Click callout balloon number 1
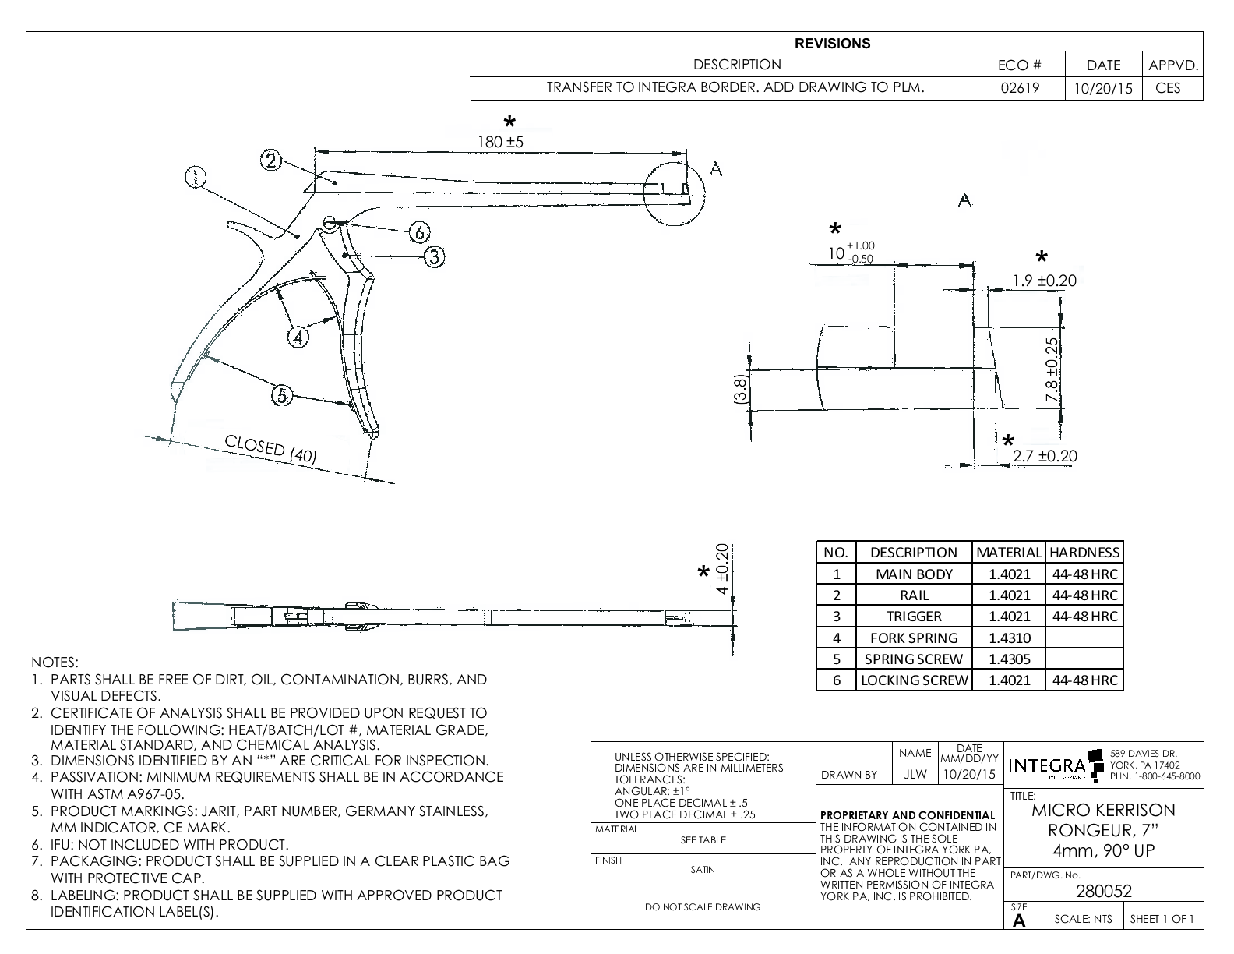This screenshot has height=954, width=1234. (195, 178)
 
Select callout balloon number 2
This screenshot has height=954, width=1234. (270, 161)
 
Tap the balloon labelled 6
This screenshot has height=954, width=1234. (419, 231)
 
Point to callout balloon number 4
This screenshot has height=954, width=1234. (298, 337)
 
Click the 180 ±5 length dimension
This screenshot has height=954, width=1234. (500, 143)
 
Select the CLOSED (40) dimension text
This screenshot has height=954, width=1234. (270, 450)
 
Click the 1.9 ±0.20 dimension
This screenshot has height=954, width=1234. (1044, 281)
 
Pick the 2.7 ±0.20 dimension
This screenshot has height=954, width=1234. (1045, 456)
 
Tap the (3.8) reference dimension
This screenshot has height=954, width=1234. (742, 388)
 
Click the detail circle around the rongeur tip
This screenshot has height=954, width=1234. (675, 194)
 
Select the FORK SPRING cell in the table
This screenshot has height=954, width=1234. (913, 638)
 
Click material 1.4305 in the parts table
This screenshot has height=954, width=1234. (1009, 659)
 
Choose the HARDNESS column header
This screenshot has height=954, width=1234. (1084, 553)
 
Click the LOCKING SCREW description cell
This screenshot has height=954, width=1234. (914, 680)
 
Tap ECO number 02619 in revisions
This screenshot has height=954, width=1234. (1019, 87)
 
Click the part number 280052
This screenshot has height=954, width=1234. (1103, 891)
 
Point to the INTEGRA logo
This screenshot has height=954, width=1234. (1048, 765)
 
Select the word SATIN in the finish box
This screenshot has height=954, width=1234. (703, 870)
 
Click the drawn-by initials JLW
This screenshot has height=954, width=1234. (915, 775)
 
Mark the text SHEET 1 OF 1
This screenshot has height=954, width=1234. (1162, 919)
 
